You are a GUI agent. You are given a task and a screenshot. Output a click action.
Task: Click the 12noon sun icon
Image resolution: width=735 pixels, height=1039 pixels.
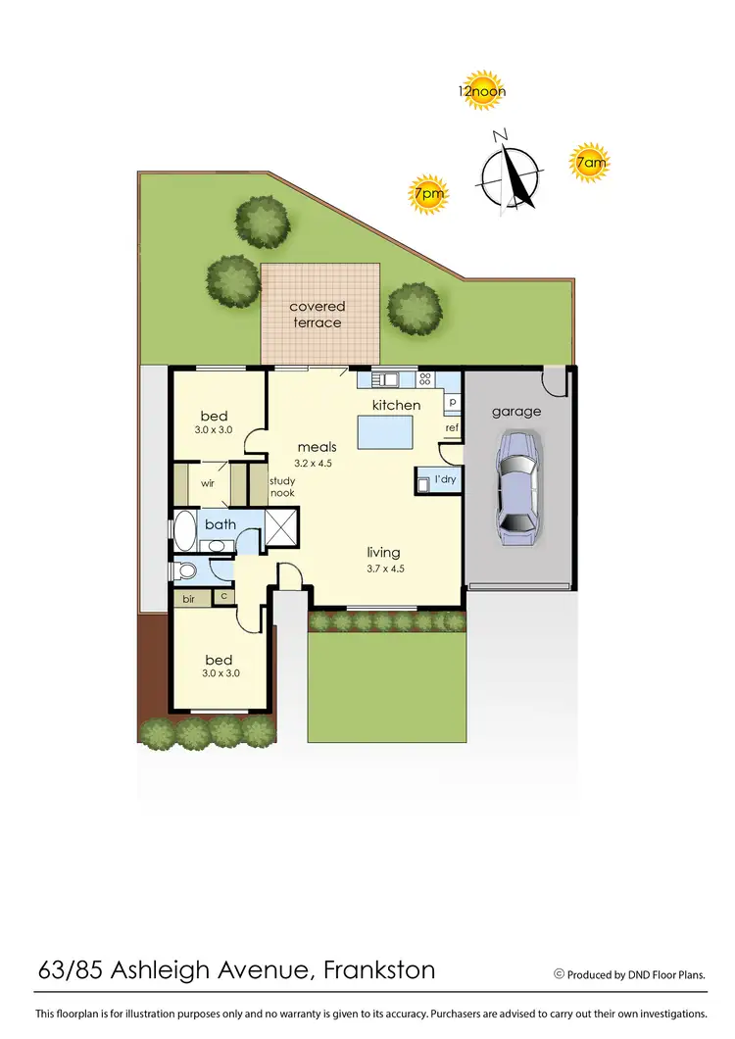[481, 89]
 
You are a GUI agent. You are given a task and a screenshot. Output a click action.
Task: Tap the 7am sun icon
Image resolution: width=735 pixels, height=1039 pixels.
[589, 163]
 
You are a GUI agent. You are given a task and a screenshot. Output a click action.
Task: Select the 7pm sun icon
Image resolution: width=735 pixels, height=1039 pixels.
[428, 194]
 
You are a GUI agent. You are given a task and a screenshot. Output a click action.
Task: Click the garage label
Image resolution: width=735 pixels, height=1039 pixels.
[516, 412]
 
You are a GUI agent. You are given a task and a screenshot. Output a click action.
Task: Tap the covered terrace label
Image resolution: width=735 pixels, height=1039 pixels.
[317, 315]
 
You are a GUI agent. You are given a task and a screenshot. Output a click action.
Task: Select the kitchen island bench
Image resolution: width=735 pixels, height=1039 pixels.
[385, 432]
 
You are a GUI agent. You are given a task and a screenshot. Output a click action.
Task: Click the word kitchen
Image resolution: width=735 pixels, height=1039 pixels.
[396, 405]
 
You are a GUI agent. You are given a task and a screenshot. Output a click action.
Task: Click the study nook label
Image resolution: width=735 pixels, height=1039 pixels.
[282, 486]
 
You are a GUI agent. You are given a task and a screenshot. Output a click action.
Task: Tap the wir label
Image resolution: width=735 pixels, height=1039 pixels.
[208, 483]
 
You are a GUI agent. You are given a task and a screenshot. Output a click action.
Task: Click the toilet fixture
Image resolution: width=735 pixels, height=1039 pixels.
[186, 570]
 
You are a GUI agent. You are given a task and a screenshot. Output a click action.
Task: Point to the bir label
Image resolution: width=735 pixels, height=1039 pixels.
[188, 595]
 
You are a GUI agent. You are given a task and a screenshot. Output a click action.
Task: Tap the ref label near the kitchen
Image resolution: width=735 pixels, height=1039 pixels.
[452, 427]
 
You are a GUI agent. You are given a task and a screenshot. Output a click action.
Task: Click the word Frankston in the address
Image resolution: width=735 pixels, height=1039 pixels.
[379, 971]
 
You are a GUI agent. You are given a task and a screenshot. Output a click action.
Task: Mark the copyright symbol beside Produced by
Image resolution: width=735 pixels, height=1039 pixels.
[560, 974]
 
